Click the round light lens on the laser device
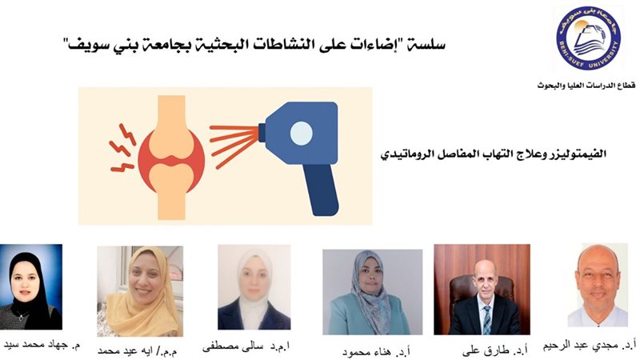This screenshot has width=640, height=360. [x=301, y=133]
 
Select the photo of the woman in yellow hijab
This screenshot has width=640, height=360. [x=139, y=291]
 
